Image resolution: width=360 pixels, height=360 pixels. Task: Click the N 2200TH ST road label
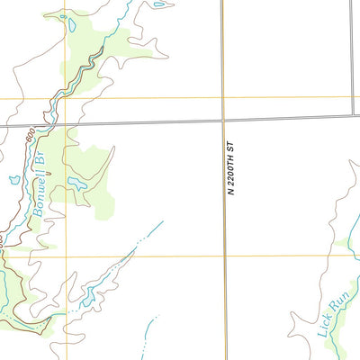tap(230, 168)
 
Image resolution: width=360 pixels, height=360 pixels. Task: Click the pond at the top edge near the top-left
tap(158, 4)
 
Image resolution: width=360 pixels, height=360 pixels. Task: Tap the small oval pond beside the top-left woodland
tap(71, 25)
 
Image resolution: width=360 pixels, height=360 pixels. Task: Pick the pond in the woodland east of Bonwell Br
tap(76, 184)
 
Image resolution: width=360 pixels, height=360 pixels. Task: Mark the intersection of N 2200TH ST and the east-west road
tap(223, 119)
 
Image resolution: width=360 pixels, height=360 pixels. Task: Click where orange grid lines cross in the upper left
tap(65, 98)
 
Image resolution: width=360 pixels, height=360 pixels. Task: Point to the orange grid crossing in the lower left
tap(65, 256)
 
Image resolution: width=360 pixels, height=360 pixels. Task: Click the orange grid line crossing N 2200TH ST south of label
tap(224, 256)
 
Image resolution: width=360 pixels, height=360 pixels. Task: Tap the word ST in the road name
tap(230, 145)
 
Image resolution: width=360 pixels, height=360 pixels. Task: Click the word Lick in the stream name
tap(325, 323)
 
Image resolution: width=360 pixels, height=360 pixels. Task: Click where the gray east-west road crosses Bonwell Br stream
tap(47, 125)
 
